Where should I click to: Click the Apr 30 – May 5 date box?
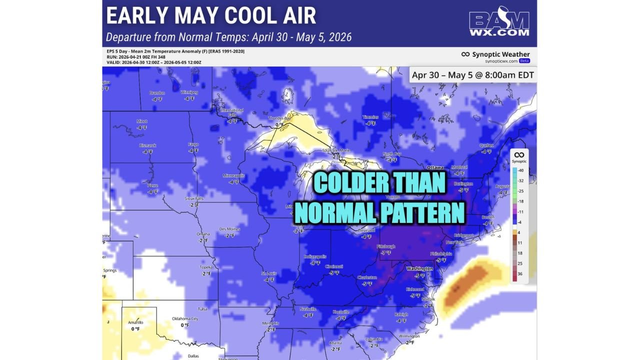coord(472,75)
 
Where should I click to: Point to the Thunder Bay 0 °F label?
coord(279,121)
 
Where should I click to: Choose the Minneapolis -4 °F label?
coord(233,179)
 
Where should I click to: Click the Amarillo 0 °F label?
coord(135,325)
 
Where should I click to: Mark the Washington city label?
coord(419,268)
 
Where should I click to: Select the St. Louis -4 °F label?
coord(269,276)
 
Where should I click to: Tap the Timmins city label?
coord(370,117)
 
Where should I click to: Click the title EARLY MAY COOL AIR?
coord(211,16)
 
